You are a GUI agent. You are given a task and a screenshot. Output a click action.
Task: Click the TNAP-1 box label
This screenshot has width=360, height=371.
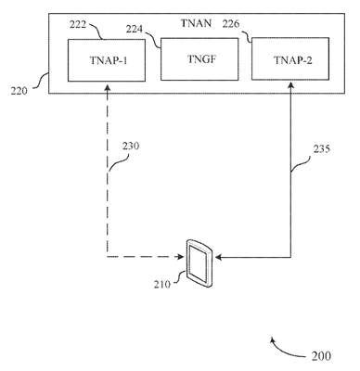(109, 60)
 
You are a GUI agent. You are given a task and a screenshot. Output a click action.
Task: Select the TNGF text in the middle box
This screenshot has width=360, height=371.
(201, 59)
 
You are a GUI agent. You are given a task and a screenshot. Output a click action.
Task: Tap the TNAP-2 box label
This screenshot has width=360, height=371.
(293, 60)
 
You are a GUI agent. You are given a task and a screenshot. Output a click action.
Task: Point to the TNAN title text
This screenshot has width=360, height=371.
(196, 23)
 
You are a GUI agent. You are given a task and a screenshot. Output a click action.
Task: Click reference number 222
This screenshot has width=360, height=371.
(78, 24)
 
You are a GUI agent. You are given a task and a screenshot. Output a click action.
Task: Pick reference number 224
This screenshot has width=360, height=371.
(135, 29)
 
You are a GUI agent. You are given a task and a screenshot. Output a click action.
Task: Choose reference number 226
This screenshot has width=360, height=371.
(231, 24)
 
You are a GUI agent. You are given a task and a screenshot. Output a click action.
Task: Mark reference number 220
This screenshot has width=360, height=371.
(19, 91)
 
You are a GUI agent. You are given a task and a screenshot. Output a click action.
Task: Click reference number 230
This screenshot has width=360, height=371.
(131, 146)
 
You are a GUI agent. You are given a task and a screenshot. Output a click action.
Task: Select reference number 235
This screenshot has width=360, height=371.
(322, 149)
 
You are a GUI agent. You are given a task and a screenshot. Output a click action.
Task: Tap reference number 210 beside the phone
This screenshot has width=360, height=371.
(162, 284)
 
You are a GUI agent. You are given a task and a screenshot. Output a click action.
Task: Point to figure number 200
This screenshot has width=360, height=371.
(321, 356)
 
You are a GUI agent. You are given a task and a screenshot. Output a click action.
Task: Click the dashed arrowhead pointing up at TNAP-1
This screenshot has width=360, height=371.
(108, 88)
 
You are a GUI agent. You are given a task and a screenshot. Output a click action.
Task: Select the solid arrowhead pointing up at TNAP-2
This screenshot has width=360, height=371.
(290, 86)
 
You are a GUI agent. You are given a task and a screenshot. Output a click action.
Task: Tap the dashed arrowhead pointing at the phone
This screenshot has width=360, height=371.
(180, 257)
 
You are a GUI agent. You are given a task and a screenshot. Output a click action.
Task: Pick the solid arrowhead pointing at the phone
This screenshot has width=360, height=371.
(219, 257)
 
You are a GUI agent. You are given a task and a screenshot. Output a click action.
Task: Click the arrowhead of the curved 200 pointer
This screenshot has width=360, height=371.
(272, 340)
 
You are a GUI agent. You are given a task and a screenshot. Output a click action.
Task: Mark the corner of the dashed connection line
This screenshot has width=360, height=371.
(108, 257)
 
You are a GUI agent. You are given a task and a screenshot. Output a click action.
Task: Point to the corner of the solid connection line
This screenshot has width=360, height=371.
(290, 257)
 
